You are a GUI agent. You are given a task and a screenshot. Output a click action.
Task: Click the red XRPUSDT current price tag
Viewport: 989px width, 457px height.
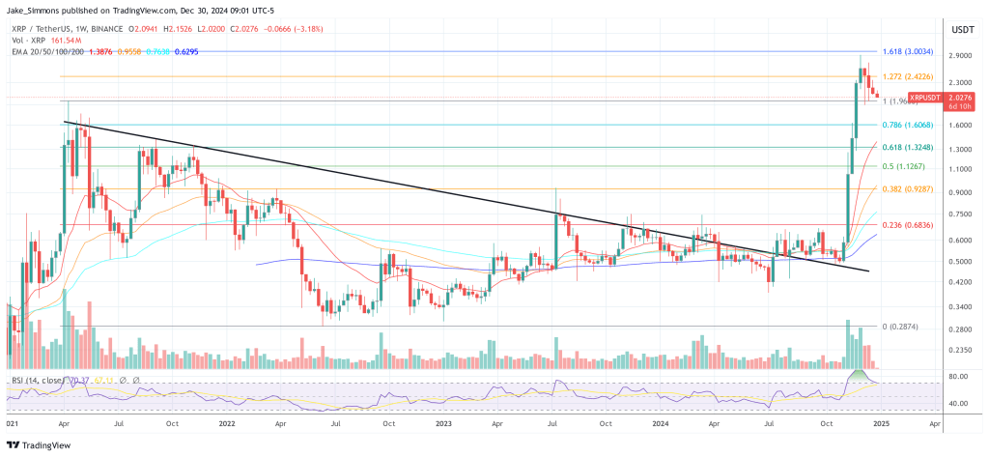tap(927, 98)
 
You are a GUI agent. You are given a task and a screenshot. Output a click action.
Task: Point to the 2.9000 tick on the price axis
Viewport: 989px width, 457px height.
tap(960, 56)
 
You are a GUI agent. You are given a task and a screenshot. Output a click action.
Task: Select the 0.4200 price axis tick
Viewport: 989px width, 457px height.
tap(960, 282)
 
